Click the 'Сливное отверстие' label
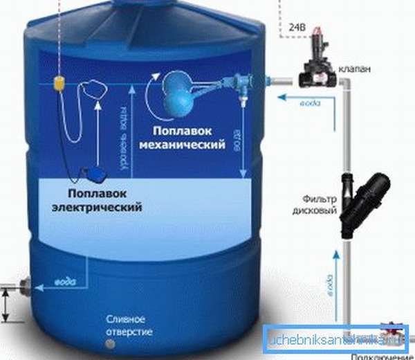tap(124, 324)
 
